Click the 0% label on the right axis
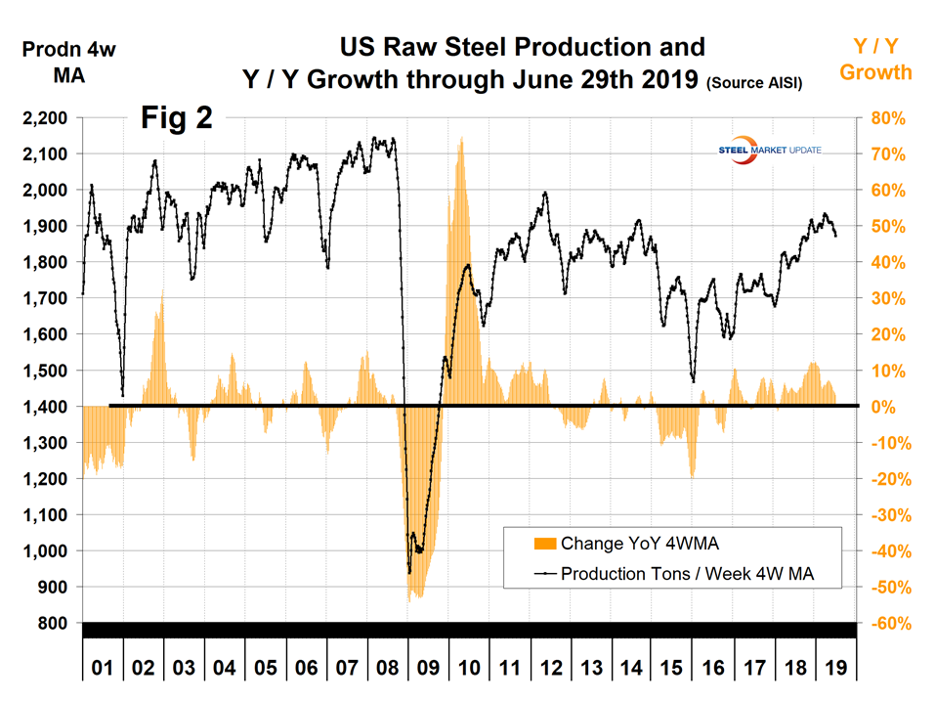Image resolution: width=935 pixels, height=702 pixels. click(882, 407)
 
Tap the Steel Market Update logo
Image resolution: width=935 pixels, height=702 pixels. click(770, 150)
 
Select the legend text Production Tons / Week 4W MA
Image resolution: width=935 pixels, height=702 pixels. click(701, 574)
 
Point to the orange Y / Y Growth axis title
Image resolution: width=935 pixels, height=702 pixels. click(875, 60)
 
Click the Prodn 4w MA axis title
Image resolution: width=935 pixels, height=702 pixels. click(67, 62)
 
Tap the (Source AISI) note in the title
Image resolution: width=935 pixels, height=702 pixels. click(753, 84)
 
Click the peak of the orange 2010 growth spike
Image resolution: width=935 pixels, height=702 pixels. click(460, 139)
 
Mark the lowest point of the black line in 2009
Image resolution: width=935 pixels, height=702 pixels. click(408, 572)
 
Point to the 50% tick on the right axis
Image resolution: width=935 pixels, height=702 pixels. click(884, 226)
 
